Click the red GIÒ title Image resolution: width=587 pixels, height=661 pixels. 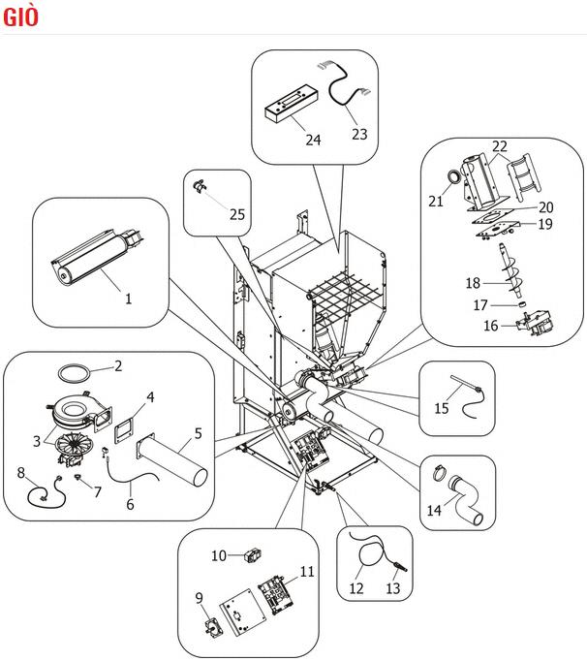pos(20,16)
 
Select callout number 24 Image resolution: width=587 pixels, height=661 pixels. pos(313,140)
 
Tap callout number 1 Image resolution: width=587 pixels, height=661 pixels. pos(129,299)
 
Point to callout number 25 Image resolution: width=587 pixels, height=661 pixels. pos(237,214)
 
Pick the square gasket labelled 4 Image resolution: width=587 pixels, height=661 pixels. pos(123,429)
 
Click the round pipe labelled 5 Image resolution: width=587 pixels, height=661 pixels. pos(171,460)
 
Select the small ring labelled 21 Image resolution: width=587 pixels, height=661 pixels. pos(454,176)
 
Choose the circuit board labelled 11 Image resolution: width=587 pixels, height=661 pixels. pos(276,593)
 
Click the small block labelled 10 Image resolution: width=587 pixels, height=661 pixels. pos(252,556)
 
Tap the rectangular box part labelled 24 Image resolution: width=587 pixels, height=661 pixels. pos(291,104)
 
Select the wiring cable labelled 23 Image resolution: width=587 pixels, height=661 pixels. pos(344,83)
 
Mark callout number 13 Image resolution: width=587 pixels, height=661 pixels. pos(392,588)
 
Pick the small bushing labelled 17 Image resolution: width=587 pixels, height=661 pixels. pos(522,304)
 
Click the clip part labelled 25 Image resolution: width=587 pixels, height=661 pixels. pos(199,185)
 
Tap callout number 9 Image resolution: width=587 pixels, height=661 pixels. pos(199,598)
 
